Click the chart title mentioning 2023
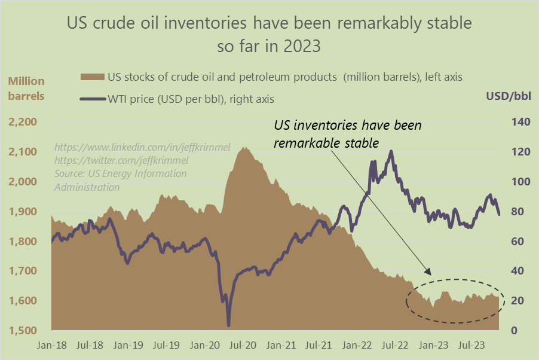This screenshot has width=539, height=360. [x=269, y=35]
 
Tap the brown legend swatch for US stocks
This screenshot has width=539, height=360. [x=92, y=77]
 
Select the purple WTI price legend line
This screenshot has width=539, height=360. [x=92, y=99]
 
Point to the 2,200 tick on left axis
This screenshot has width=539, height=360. [x=23, y=123]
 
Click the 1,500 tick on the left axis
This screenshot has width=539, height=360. [x=23, y=331]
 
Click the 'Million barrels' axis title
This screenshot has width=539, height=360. [x=26, y=88]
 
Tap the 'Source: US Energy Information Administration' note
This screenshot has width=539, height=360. [x=120, y=180]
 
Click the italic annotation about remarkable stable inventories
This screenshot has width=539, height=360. [x=347, y=135]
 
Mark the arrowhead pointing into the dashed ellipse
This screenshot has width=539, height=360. [x=428, y=273]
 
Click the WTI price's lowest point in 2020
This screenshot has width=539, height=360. [x=228, y=325]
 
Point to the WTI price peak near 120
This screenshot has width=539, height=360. [x=391, y=151]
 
